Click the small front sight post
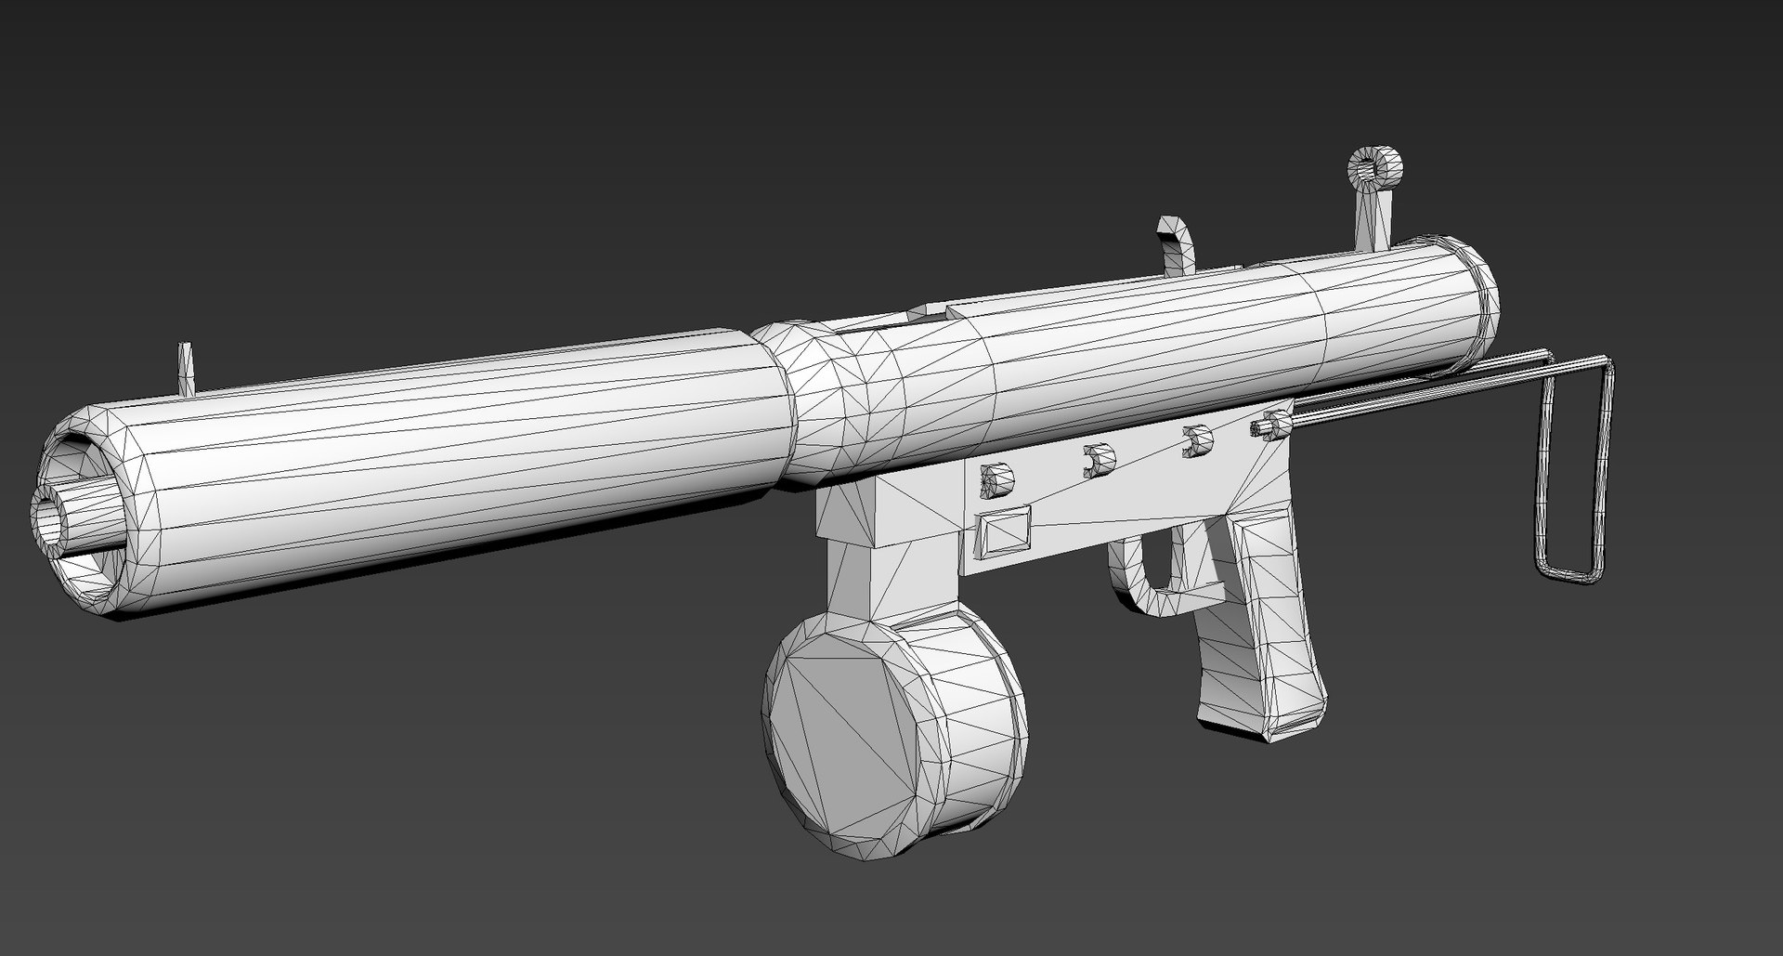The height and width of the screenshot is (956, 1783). click(x=186, y=369)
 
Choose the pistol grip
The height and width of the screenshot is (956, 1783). click(x=1263, y=632)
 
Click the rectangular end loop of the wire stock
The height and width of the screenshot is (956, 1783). click(x=1573, y=469)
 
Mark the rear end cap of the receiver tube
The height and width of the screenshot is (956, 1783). click(x=1482, y=302)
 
